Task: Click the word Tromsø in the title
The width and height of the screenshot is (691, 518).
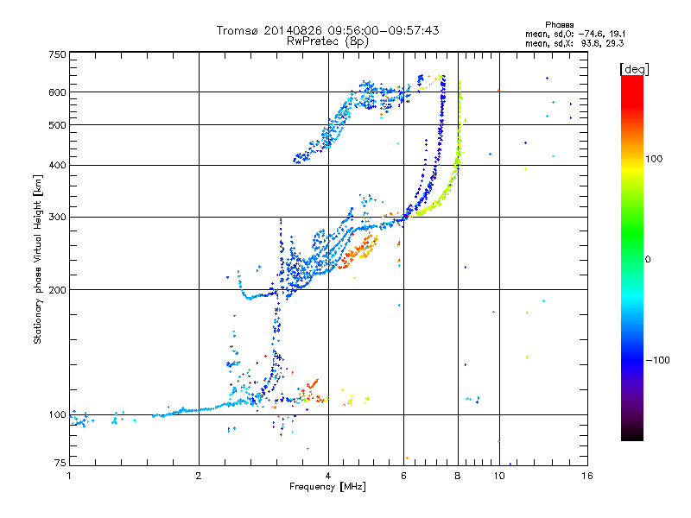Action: pos(238,30)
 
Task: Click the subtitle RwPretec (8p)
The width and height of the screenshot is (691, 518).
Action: pos(327,41)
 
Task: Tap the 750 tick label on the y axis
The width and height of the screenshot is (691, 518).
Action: pos(57,54)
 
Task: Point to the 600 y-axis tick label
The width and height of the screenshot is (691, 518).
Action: pos(57,92)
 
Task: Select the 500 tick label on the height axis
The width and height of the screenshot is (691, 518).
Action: pos(57,125)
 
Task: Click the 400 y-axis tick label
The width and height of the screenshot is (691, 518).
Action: pos(57,166)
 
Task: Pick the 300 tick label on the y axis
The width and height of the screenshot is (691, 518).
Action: pos(57,218)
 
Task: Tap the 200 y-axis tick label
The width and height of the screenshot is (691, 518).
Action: pos(57,290)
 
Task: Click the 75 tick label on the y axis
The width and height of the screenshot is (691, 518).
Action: pos(60,463)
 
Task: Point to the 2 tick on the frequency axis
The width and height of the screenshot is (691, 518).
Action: pos(199,476)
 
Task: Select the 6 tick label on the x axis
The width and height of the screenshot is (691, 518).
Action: pos(403,476)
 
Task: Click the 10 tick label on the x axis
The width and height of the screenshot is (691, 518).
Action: pos(499,476)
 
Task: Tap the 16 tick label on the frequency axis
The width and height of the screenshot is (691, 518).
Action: pos(587,476)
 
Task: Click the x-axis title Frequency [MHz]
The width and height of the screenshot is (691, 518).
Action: pos(327,487)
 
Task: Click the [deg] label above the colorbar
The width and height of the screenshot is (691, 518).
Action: pos(635,69)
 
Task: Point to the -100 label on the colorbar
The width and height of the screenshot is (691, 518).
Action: pos(657,360)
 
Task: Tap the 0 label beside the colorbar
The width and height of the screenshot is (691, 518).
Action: pos(647,260)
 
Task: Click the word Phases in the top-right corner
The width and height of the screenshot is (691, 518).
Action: pos(559,25)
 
